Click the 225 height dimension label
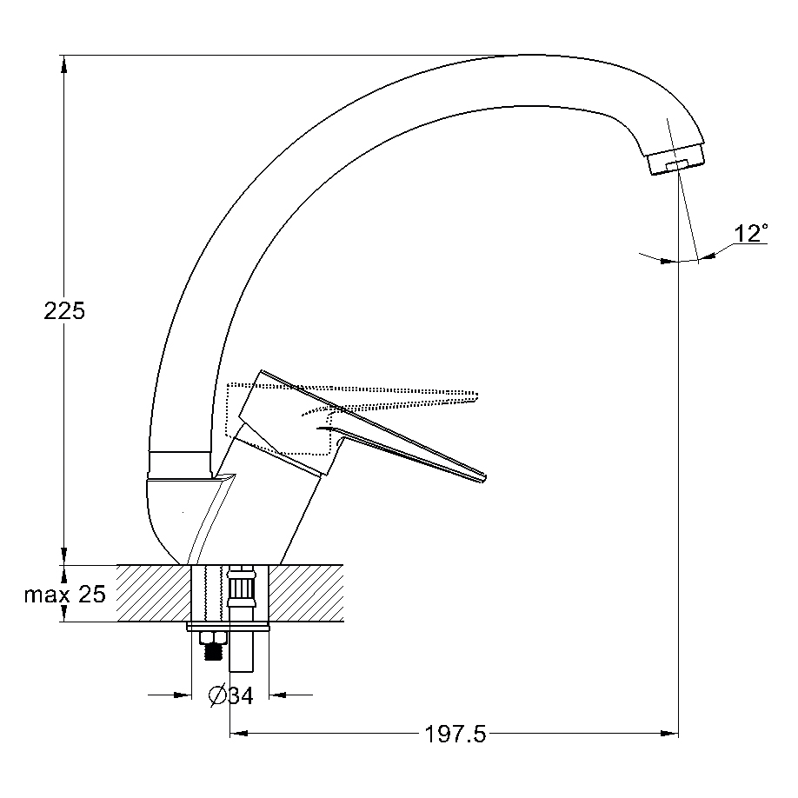64,310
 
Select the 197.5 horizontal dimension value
456,734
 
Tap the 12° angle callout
751,233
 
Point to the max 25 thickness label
65,594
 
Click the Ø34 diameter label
230,695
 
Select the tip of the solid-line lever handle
484,478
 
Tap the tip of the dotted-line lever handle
476,396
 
